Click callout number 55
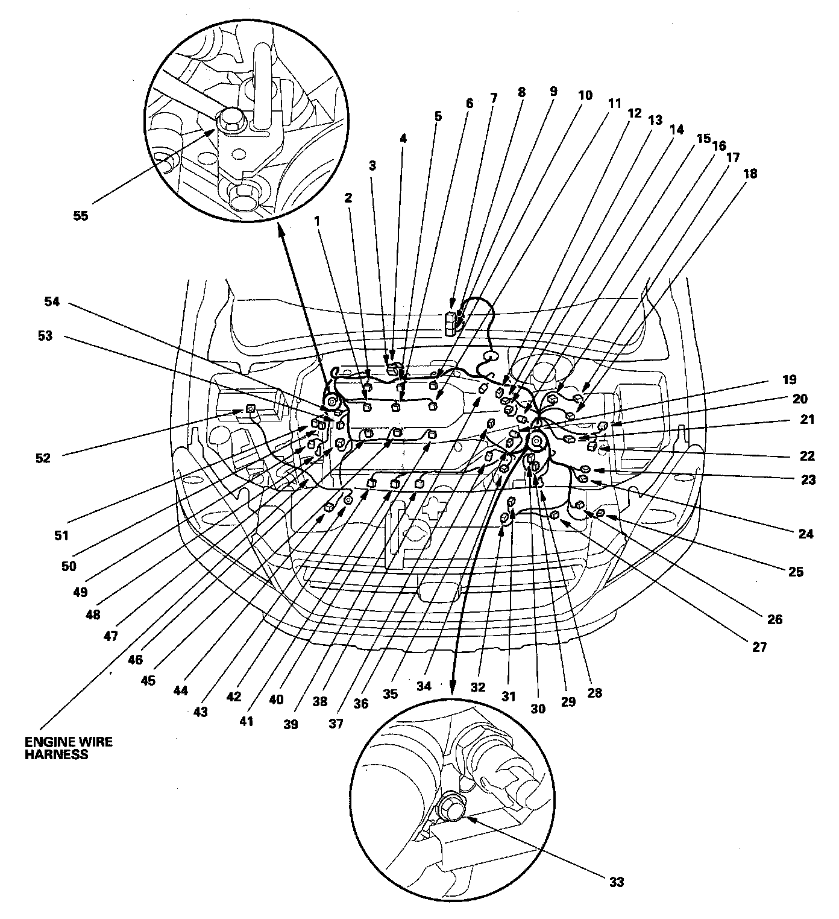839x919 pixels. coord(80,216)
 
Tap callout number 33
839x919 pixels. coord(616,882)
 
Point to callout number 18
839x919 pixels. coord(750,174)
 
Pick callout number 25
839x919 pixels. coord(796,572)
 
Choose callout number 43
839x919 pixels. coord(200,712)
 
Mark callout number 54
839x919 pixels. coord(52,302)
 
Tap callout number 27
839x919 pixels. coord(759,647)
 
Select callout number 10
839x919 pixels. coord(584,95)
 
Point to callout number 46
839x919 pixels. coord(135,660)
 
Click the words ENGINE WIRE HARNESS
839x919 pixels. coord(68,747)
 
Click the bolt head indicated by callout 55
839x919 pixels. coord(230,119)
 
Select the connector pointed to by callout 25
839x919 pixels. coord(600,513)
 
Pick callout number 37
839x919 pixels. coord(336,724)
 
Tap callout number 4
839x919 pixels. coord(403,139)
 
